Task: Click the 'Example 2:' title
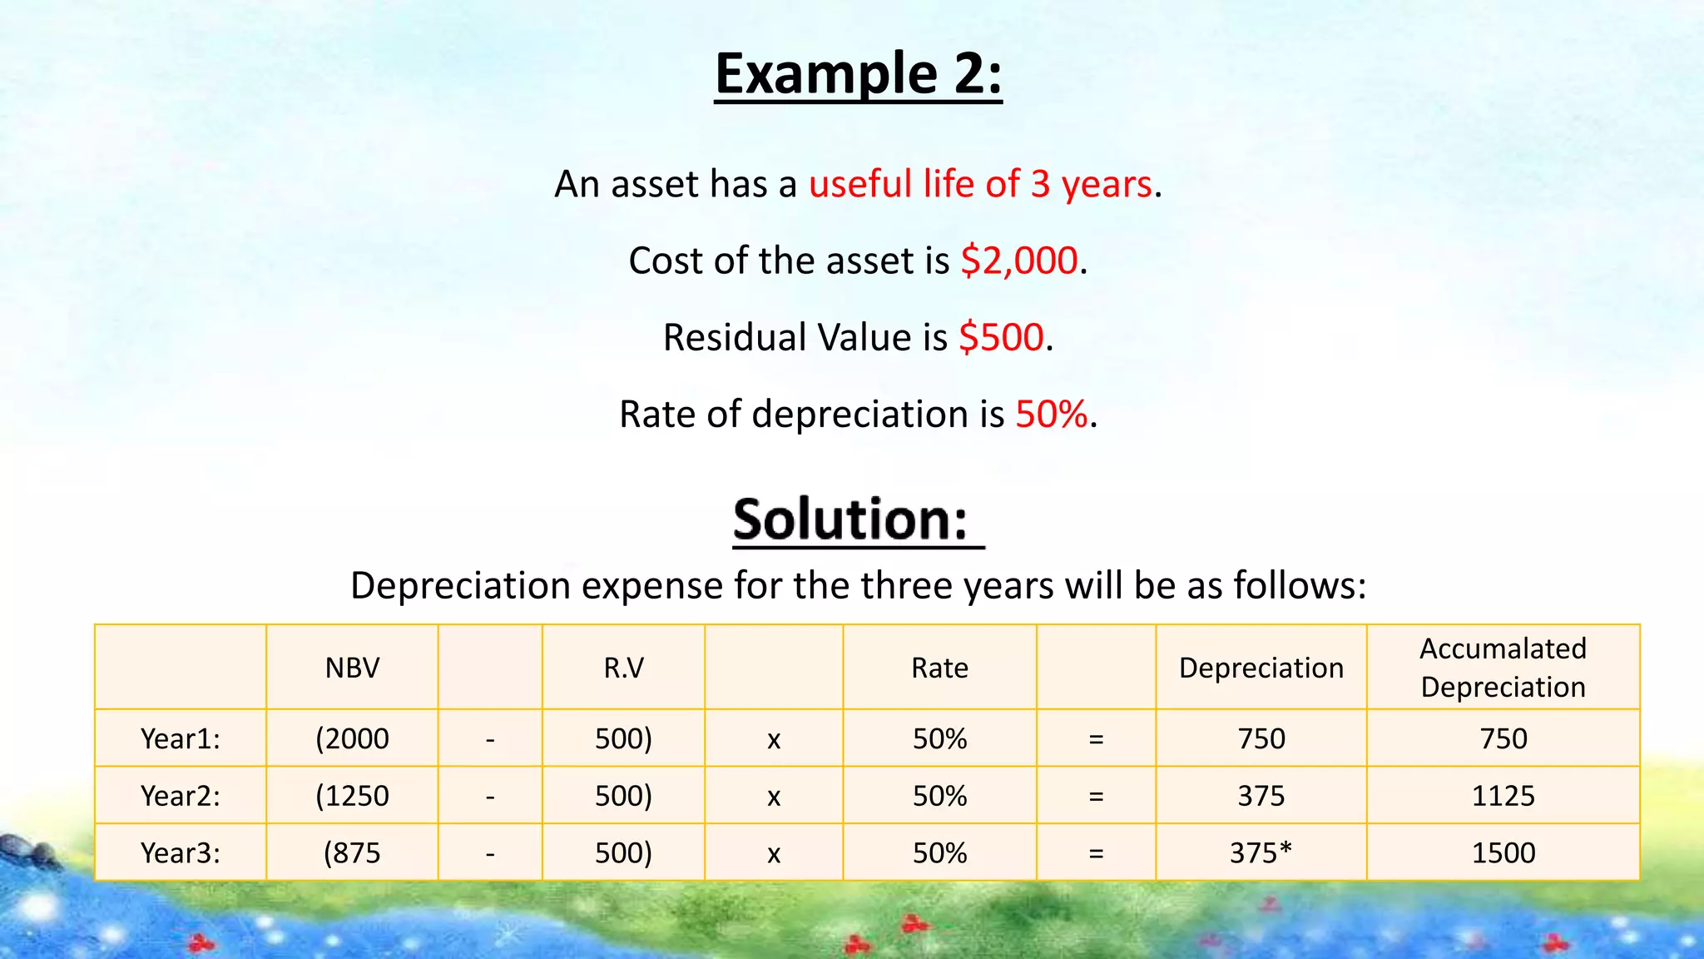tap(858, 74)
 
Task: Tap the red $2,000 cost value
tap(1019, 261)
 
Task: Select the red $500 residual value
tap(1001, 337)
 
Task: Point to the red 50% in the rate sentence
tap(1052, 414)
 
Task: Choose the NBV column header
tap(352, 668)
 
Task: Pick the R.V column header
tap(623, 668)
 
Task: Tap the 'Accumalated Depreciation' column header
tap(1503, 668)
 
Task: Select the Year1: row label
tap(181, 738)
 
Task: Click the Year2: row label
tap(181, 796)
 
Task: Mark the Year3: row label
tap(181, 852)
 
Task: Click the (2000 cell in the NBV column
tap(352, 738)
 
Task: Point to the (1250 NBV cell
tap(352, 796)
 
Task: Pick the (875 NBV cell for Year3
tap(352, 852)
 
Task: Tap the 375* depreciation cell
tap(1261, 852)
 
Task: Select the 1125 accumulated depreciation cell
tap(1503, 796)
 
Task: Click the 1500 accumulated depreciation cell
tap(1503, 852)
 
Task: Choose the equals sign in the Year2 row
tap(1096, 797)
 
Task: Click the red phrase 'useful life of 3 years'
tap(980, 184)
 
